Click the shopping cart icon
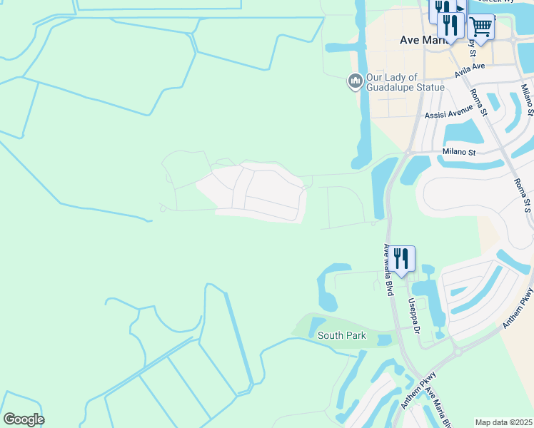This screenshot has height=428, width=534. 481,27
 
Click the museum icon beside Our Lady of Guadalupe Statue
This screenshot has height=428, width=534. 355,82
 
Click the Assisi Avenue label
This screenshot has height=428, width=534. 448,114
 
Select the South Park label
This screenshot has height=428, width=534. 341,336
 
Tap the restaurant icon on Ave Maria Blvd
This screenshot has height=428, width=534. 401,258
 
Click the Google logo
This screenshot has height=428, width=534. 24,419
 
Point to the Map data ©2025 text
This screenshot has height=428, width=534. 503,422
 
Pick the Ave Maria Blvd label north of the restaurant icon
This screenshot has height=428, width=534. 390,270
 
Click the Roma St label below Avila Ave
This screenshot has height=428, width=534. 478,101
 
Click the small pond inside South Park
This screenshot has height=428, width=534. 318,328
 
